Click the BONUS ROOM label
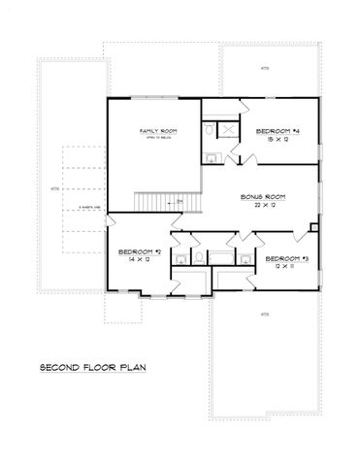click(x=260, y=196)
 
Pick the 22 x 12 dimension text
click(x=260, y=205)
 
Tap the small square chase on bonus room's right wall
click(x=312, y=228)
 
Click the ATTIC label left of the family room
click(x=55, y=188)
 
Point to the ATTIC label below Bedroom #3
click(x=264, y=315)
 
